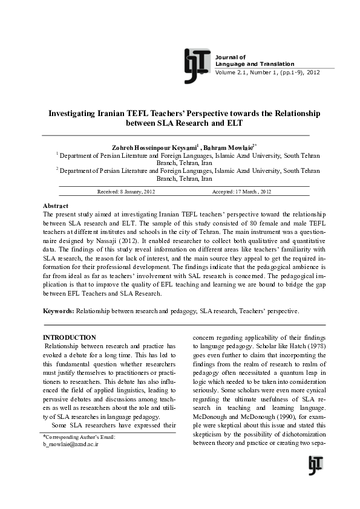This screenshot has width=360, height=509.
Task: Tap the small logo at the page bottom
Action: (315, 465)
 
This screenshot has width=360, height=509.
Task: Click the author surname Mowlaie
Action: (239, 147)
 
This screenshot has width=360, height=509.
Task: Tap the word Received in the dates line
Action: (110, 192)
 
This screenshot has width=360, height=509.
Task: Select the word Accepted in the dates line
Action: (225, 192)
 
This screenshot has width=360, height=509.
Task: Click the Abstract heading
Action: (56, 206)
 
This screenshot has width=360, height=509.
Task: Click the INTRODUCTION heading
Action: (70, 337)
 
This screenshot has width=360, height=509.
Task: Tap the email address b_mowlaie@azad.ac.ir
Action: (71, 444)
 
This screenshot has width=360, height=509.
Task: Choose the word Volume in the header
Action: (226, 72)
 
